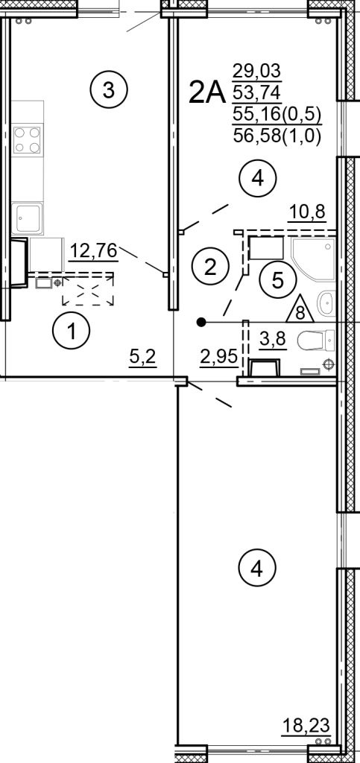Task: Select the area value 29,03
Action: coord(248,72)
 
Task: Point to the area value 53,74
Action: coord(248,93)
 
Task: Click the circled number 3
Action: coord(109,91)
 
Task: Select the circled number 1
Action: coord(72,332)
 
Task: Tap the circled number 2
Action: coord(210,265)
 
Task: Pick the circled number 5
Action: coord(277,280)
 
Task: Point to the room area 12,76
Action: coord(93,250)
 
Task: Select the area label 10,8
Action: coord(307,212)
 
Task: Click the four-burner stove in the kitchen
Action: coord(28,140)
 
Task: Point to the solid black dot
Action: coord(200,323)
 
